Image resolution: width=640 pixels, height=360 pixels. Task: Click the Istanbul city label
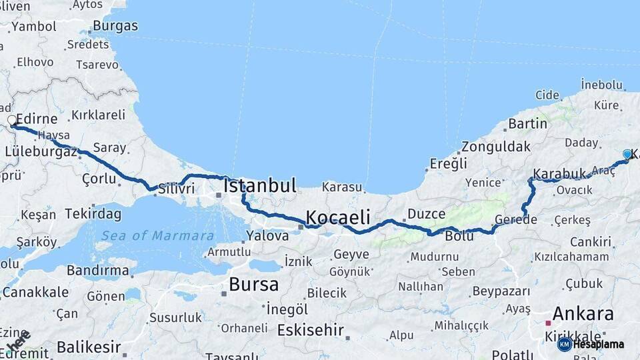click(x=260, y=186)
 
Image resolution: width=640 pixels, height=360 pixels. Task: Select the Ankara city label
click(x=583, y=314)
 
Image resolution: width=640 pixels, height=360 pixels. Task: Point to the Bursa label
click(x=253, y=285)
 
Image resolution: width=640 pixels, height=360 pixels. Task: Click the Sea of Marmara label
click(x=157, y=235)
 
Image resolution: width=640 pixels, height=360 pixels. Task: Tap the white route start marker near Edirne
click(x=12, y=121)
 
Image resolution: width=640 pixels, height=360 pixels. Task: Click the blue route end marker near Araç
click(x=627, y=154)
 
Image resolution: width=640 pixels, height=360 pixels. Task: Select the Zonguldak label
click(x=496, y=147)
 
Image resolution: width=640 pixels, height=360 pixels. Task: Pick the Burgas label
click(x=115, y=26)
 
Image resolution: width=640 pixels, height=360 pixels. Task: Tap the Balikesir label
click(x=89, y=347)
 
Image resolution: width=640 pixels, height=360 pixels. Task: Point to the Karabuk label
click(x=559, y=173)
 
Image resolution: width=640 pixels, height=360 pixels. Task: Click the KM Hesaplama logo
click(x=591, y=344)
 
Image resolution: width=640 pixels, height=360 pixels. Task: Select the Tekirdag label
click(x=93, y=214)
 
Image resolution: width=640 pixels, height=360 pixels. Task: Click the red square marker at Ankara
click(x=548, y=323)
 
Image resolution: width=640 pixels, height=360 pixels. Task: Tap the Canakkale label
click(x=35, y=292)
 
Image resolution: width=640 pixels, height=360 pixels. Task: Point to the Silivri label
click(x=176, y=189)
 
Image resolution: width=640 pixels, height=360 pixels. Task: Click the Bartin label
click(x=527, y=123)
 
